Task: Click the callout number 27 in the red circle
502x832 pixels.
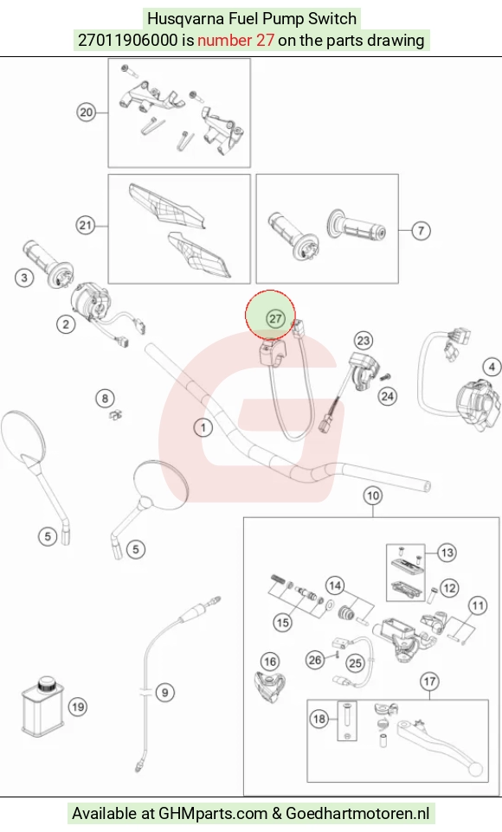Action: pyautogui.click(x=274, y=318)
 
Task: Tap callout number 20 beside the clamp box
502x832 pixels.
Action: pyautogui.click(x=86, y=112)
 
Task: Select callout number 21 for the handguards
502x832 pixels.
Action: pyautogui.click(x=86, y=226)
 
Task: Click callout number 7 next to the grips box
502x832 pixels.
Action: pyautogui.click(x=421, y=230)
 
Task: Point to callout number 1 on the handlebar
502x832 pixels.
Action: pyautogui.click(x=203, y=427)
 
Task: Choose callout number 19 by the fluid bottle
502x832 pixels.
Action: pyautogui.click(x=78, y=707)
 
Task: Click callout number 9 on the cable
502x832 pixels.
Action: pyautogui.click(x=164, y=693)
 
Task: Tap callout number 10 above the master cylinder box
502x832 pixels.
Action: pyautogui.click(x=373, y=496)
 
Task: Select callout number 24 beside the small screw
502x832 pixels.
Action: pyautogui.click(x=388, y=396)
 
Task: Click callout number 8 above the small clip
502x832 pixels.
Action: pyautogui.click(x=106, y=398)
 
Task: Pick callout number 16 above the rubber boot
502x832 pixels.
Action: pyautogui.click(x=270, y=661)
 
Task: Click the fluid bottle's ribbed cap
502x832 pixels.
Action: pyautogui.click(x=48, y=683)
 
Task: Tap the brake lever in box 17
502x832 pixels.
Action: pyautogui.click(x=441, y=744)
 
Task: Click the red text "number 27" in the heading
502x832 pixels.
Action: pyautogui.click(x=236, y=41)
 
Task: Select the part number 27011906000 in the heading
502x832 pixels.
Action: pyautogui.click(x=127, y=41)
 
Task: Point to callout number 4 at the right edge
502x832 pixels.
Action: pyautogui.click(x=492, y=367)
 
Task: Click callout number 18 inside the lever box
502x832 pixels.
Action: pyautogui.click(x=319, y=719)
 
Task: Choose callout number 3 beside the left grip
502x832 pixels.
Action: pyautogui.click(x=24, y=277)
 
